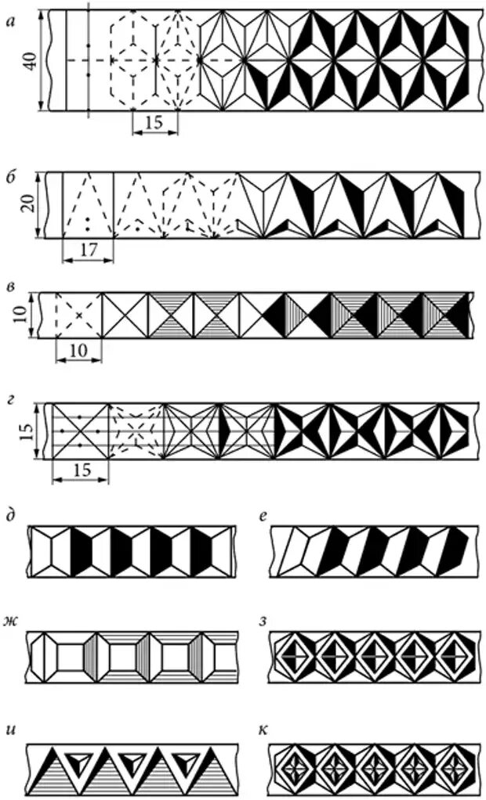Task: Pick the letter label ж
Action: (x=11, y=621)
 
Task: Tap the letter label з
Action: (x=264, y=622)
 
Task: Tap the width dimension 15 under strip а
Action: (x=155, y=124)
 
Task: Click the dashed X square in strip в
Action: (x=78, y=315)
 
